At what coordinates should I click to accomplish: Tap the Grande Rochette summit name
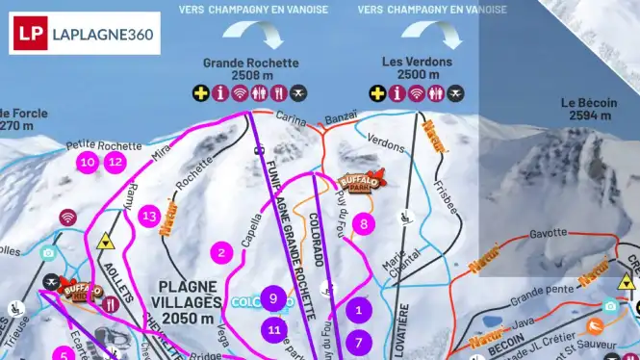(x=250, y=64)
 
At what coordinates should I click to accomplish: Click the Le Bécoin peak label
(x=587, y=103)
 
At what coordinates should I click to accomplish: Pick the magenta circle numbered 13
(x=148, y=217)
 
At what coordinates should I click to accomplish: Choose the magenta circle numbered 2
(x=222, y=253)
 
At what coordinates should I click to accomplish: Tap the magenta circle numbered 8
(x=363, y=224)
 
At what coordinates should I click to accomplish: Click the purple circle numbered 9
(x=274, y=299)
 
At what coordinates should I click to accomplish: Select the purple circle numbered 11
(x=274, y=330)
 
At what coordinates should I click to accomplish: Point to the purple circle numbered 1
(x=359, y=310)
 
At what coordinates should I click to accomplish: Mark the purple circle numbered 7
(x=359, y=342)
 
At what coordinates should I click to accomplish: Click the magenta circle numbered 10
(x=88, y=162)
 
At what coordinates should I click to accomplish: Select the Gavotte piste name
(x=548, y=233)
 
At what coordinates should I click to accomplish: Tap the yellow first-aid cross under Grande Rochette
(x=200, y=93)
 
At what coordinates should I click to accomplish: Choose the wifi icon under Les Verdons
(x=417, y=93)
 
